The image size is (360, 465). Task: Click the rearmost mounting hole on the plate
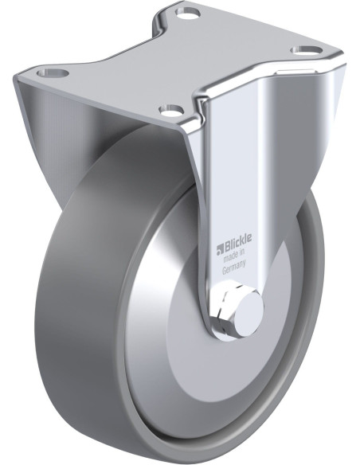(x=187, y=13)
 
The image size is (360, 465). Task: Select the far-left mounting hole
(x=53, y=72)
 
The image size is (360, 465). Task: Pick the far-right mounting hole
(x=306, y=51)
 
